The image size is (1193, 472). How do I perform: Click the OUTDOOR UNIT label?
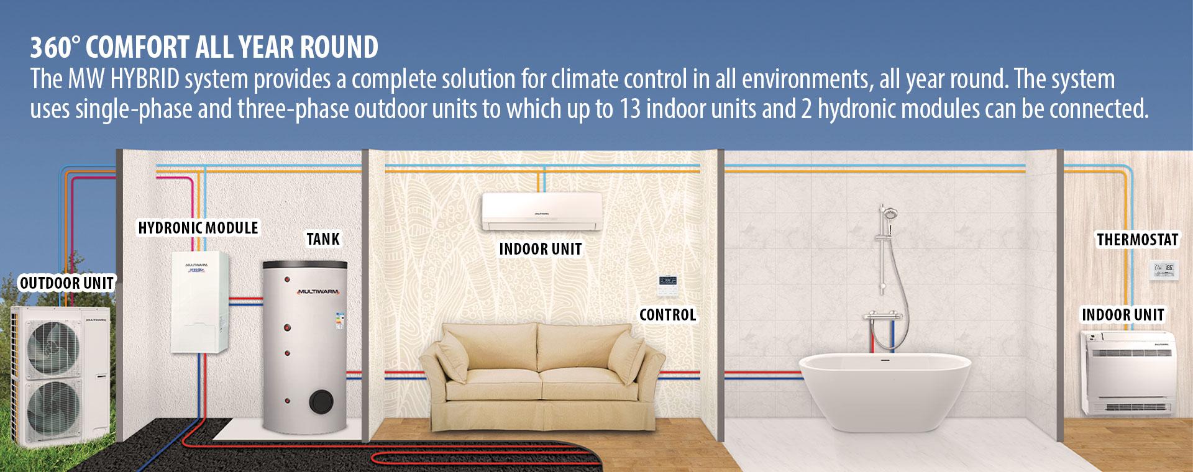click(x=67, y=283)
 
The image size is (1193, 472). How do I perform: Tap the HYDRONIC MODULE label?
click(x=198, y=228)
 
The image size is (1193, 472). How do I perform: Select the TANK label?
click(x=323, y=239)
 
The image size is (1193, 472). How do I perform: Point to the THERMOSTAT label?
click(x=1137, y=240)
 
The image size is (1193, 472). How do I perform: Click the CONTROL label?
click(x=668, y=315)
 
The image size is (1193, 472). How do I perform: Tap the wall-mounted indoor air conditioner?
click(x=542, y=212)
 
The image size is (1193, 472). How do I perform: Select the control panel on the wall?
click(x=668, y=285)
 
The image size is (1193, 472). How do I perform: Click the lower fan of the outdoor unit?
click(x=53, y=407)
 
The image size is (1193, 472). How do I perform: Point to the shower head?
click(x=890, y=214)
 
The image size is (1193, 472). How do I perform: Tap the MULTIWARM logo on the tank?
click(x=318, y=291)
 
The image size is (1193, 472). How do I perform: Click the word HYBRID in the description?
click(x=145, y=79)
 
